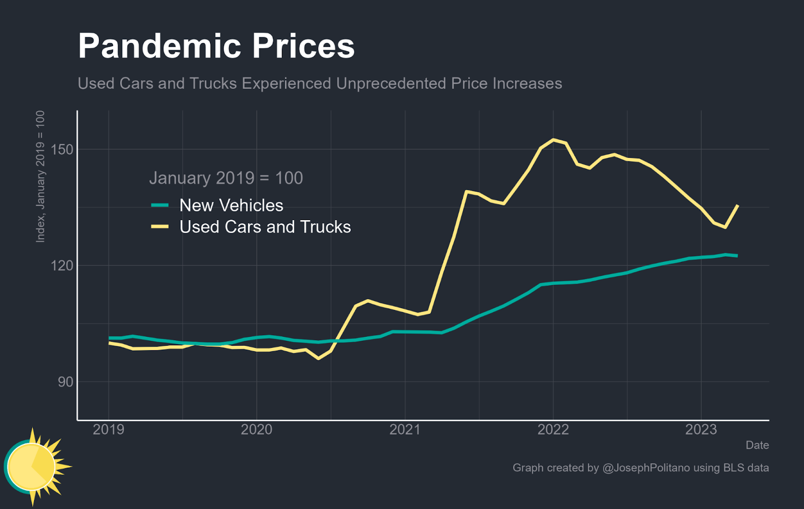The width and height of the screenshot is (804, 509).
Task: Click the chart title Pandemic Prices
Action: [x=216, y=46]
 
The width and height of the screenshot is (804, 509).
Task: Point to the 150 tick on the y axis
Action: [x=62, y=150]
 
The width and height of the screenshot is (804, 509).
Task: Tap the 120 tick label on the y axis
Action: [x=62, y=265]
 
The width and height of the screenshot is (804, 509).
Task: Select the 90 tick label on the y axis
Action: [x=65, y=382]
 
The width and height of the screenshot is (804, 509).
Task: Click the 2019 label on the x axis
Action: [x=109, y=430]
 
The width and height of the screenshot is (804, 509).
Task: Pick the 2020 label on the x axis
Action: [x=256, y=430]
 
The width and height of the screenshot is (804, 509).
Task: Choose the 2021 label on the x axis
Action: [x=405, y=430]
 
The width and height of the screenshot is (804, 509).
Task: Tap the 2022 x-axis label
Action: [x=553, y=430]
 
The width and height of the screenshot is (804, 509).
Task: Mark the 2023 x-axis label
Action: [x=701, y=430]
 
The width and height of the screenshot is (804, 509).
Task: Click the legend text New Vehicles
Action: [x=231, y=206]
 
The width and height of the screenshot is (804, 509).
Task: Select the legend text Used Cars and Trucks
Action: [x=265, y=227]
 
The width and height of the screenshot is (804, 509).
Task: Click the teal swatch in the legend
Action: [x=160, y=206]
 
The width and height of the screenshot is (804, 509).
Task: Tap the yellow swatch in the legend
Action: [x=160, y=227]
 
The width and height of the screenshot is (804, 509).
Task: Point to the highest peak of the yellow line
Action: [x=553, y=140]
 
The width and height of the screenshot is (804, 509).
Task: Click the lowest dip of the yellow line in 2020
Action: [x=318, y=358]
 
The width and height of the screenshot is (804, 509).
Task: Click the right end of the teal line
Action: [x=737, y=256]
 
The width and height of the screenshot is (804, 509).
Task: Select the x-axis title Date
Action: [x=757, y=445]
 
